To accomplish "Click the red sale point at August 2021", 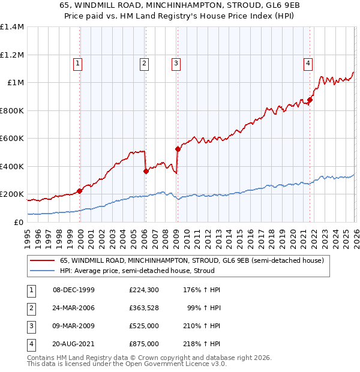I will pos(310,100).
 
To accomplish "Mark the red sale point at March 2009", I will pos(178,149).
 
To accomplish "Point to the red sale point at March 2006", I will pos(146,172).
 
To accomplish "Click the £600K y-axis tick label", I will pos(12,138).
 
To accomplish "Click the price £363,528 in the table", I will pos(144,308).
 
